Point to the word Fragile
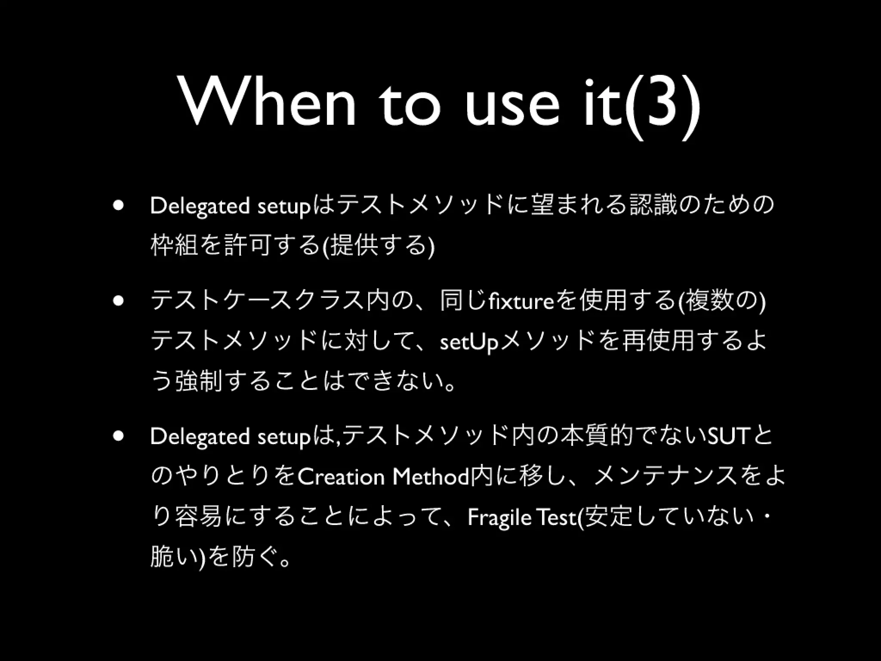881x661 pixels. [499, 518]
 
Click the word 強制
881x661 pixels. [198, 382]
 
